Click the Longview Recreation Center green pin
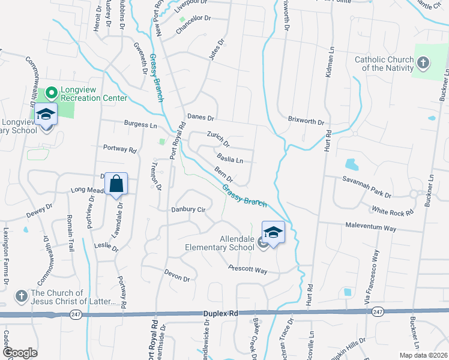(x=51, y=92)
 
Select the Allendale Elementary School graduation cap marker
(x=273, y=232)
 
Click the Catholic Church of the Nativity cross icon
(x=423, y=62)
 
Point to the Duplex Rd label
(x=221, y=313)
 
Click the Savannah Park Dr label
(x=367, y=187)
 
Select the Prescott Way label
(x=247, y=269)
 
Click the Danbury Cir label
(x=188, y=210)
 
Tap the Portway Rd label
(x=120, y=148)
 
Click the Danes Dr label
(x=200, y=117)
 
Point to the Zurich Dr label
(x=218, y=139)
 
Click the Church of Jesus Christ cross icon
(x=21, y=296)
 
